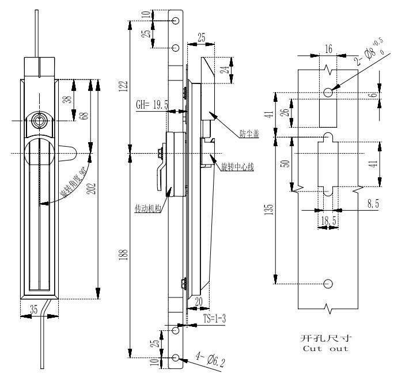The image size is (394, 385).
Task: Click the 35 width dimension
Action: [34, 309]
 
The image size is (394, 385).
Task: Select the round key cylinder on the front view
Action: [39, 120]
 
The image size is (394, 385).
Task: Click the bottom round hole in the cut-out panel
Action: [328, 283]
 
